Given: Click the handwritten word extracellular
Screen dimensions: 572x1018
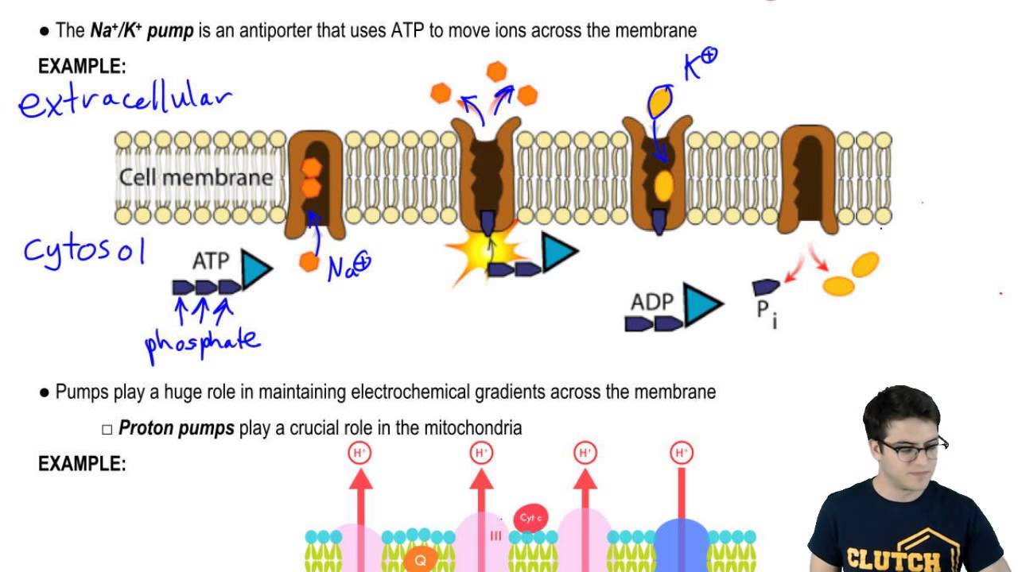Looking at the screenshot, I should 126,101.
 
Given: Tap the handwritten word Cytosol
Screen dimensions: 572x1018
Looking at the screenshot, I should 84,249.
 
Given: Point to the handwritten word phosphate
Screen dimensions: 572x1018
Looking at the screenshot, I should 202,342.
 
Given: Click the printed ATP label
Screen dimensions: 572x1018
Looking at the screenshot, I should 211,261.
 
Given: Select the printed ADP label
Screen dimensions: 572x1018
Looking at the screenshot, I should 652,302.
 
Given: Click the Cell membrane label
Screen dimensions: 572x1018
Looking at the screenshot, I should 196,177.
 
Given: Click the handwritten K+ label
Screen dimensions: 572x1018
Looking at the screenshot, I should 701,64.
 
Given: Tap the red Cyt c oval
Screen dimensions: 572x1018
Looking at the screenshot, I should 530,518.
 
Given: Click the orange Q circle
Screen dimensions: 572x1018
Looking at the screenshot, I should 420,560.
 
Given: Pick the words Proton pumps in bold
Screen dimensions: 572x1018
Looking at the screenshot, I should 176,428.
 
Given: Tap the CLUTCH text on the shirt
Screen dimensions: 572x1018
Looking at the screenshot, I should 903,556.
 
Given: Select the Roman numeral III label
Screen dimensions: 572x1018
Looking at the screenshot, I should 496,536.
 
